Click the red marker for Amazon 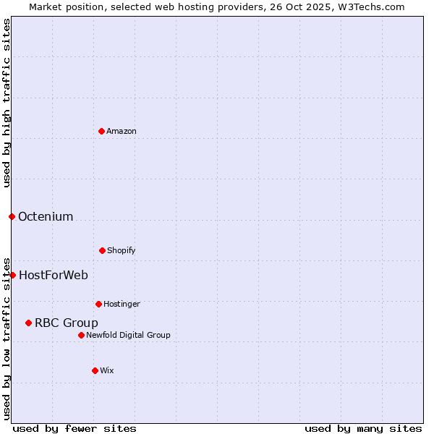click(101, 131)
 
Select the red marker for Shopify click(102, 250)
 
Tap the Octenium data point click(12, 216)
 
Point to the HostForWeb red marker click(12, 275)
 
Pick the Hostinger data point click(98, 304)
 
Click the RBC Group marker click(28, 323)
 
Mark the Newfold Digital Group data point click(81, 335)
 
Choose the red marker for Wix click(95, 370)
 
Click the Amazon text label click(122, 131)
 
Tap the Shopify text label click(122, 250)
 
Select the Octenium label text click(46, 216)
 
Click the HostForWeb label click(54, 275)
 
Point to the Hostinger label click(122, 304)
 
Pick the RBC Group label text click(67, 323)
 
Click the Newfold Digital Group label click(128, 335)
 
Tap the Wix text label click(107, 370)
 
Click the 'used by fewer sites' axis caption click(75, 428)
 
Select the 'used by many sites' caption click(363, 428)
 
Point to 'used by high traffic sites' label click(7, 103)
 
